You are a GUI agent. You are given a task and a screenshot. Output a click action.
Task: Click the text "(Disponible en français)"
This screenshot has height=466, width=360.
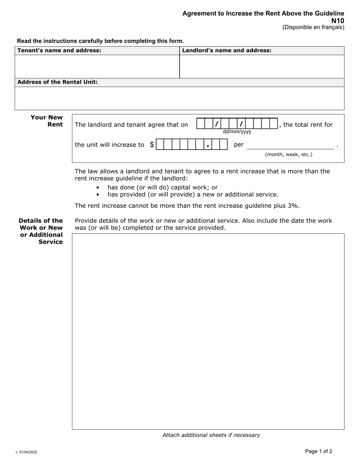pyautogui.click(x=313, y=27)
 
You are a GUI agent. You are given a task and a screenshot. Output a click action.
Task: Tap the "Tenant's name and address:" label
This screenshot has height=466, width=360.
pyautogui.click(x=59, y=50)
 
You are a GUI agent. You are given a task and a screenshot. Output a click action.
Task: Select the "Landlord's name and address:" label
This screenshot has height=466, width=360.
pyautogui.click(x=227, y=50)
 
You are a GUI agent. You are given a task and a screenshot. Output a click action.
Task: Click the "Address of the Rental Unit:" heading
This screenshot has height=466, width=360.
pyautogui.click(x=58, y=82)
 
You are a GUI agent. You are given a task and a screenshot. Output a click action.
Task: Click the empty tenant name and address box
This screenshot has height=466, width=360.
pyautogui.click(x=97, y=67)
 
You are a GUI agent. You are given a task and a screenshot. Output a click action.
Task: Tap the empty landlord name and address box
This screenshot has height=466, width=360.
pyautogui.click(x=261, y=67)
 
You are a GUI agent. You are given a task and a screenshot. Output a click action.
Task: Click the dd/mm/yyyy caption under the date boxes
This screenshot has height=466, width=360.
pyautogui.click(x=237, y=132)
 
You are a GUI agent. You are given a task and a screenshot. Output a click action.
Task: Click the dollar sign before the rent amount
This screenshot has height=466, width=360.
pyautogui.click(x=152, y=144)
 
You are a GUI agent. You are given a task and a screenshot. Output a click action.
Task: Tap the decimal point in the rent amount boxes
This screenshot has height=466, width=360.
pyautogui.click(x=208, y=145)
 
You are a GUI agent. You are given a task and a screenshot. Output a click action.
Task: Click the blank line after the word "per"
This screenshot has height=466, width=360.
pyautogui.click(x=290, y=145)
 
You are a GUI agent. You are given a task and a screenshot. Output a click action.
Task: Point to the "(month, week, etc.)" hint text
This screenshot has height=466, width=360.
pyautogui.click(x=288, y=155)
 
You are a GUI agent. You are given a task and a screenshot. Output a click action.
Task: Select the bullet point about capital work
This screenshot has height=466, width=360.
pyautogui.click(x=163, y=187)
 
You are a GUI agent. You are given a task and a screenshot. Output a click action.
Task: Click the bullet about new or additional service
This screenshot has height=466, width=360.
pyautogui.click(x=193, y=194)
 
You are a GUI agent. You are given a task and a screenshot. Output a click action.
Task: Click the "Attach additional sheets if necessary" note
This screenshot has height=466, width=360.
pyautogui.click(x=211, y=435)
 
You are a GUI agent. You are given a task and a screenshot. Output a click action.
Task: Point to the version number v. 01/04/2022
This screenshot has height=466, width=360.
pyautogui.click(x=27, y=452)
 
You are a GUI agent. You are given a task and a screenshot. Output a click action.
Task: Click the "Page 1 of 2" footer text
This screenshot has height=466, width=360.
pyautogui.click(x=319, y=451)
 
